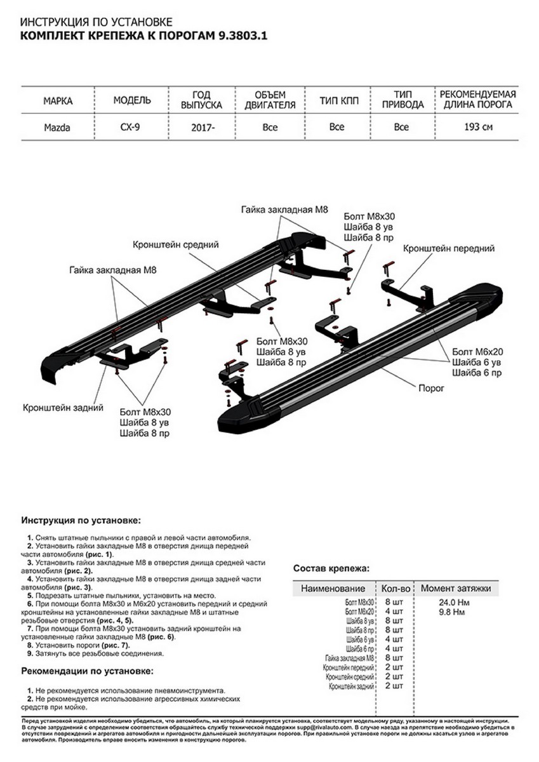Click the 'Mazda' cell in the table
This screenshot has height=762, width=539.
point(57,127)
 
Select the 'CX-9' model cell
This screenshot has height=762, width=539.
point(132,127)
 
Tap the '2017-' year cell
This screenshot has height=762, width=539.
point(203,128)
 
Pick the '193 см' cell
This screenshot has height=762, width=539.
point(478,127)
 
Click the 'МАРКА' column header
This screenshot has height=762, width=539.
point(58,100)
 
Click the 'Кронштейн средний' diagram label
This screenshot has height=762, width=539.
point(176,244)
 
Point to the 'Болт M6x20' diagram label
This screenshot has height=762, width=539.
point(477,351)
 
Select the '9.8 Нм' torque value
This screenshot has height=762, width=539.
point(451,613)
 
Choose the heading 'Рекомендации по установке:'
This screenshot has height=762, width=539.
point(87,671)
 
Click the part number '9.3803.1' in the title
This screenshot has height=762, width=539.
point(242,37)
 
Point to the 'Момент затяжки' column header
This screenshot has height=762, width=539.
point(455,589)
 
